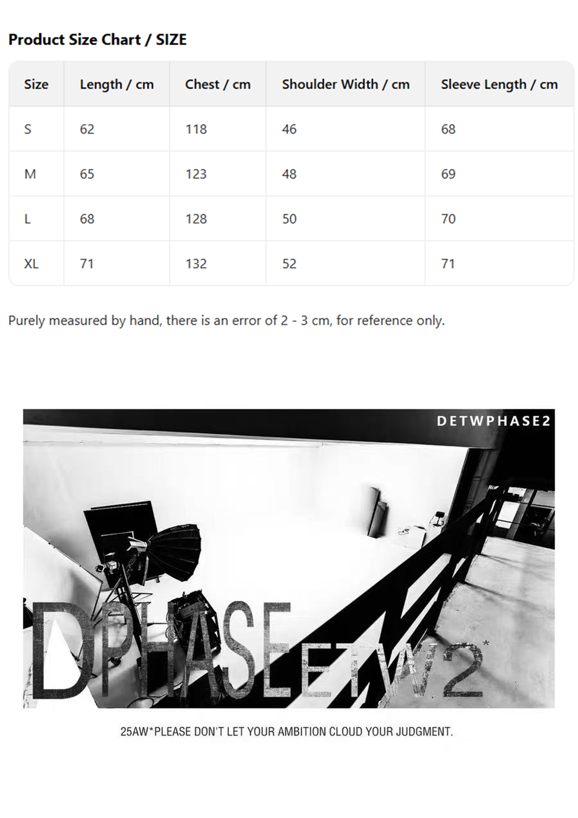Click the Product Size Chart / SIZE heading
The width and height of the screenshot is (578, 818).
click(x=97, y=40)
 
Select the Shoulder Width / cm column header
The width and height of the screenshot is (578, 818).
click(x=345, y=84)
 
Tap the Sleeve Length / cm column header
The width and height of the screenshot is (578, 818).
click(x=499, y=84)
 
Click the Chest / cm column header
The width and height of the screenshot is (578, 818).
click(x=218, y=84)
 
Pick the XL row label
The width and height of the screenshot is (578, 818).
click(x=31, y=264)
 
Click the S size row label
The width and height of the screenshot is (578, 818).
click(x=28, y=129)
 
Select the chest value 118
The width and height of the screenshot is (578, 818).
click(x=196, y=129)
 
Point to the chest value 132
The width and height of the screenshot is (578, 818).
click(x=196, y=264)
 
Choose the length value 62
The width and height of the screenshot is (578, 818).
click(x=87, y=129)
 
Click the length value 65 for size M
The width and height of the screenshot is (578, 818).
click(x=87, y=174)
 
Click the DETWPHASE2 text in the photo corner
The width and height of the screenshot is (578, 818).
click(x=493, y=421)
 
